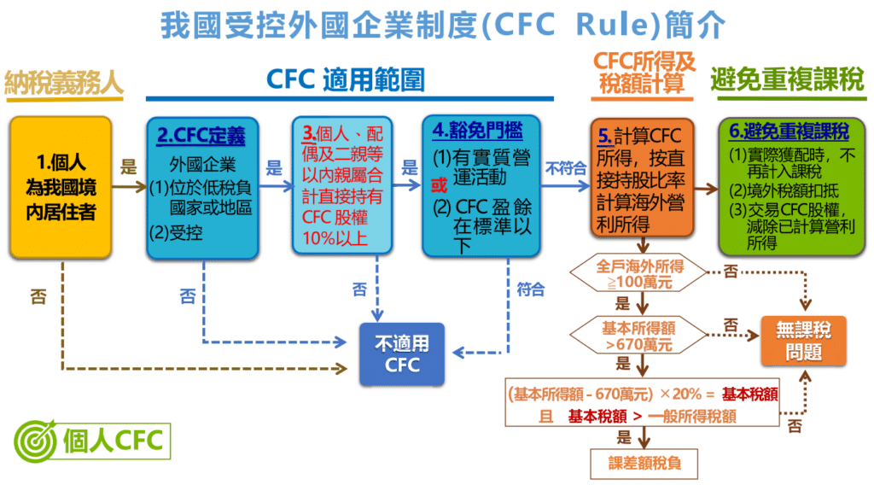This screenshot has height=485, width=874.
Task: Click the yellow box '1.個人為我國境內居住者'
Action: (x=61, y=187)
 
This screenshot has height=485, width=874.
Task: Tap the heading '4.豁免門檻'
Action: (x=475, y=132)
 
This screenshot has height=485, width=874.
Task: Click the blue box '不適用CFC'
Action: (x=402, y=354)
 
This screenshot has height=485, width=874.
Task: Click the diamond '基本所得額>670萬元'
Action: (x=638, y=336)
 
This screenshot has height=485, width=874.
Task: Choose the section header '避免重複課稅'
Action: (x=787, y=80)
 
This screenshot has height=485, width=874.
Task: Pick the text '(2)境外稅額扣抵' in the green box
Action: (x=784, y=189)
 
